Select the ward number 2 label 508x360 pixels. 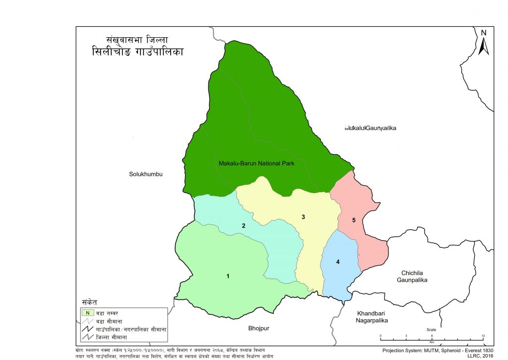pyautogui.click(x=244, y=226)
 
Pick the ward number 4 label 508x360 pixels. pyautogui.click(x=338, y=262)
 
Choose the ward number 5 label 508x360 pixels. pyautogui.click(x=354, y=220)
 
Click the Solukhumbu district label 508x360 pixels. pyautogui.click(x=146, y=174)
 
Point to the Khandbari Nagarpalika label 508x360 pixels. pyautogui.click(x=372, y=317)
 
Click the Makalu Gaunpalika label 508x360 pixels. pyautogui.click(x=371, y=129)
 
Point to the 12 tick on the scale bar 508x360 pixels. pyautogui.click(x=482, y=336)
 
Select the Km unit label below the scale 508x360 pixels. pyautogui.click(x=432, y=343)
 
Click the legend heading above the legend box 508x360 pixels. pyautogui.click(x=89, y=302)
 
